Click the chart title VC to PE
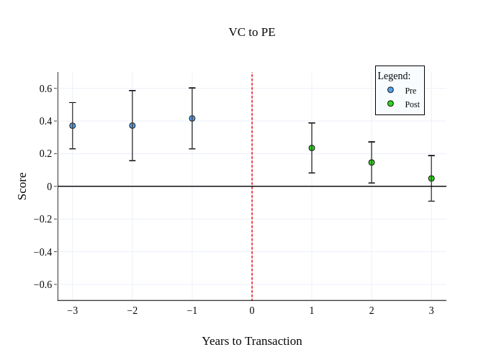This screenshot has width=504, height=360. click(x=252, y=32)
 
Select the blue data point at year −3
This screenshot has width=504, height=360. click(x=73, y=126)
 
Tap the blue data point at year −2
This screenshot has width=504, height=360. click(x=132, y=125)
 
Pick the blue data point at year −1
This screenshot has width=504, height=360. click(x=192, y=118)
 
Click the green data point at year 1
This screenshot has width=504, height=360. click(x=312, y=148)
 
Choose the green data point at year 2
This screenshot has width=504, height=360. click(x=372, y=163)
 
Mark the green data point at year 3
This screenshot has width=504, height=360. click(x=431, y=179)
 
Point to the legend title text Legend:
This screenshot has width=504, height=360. click(x=394, y=76)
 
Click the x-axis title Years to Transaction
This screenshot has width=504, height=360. click(x=252, y=341)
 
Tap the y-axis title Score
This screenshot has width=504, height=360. click(x=22, y=186)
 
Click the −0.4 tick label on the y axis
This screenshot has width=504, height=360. click(x=43, y=252)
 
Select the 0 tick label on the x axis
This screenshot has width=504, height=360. click(x=252, y=311)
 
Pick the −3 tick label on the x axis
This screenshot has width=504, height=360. click(x=73, y=311)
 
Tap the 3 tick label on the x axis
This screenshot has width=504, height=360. click(x=431, y=311)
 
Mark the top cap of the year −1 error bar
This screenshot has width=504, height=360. click(x=192, y=88)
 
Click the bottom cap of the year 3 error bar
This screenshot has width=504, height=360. click(x=431, y=201)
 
